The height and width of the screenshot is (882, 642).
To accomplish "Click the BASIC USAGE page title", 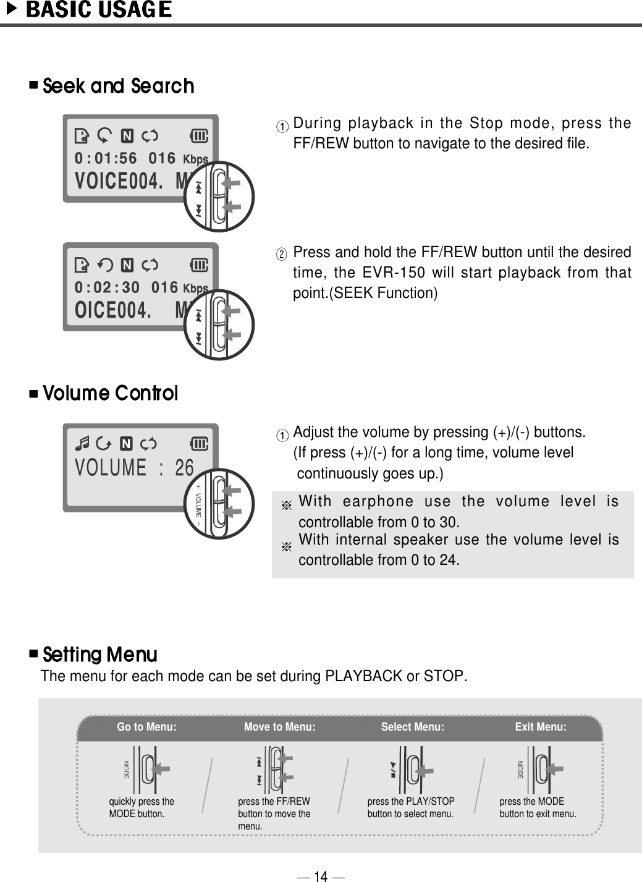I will (x=98, y=11).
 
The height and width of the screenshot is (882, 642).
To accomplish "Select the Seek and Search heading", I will (x=118, y=86).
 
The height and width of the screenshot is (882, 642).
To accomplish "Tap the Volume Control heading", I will (x=110, y=393).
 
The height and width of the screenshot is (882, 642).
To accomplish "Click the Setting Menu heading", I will (x=99, y=654).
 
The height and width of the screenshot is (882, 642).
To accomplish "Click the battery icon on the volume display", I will (x=199, y=443).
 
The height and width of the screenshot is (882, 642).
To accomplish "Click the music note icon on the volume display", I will (x=82, y=443).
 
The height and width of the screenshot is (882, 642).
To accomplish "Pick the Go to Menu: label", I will (x=146, y=727).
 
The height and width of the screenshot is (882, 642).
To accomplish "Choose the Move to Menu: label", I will (x=279, y=727).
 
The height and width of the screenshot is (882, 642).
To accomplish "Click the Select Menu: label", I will (x=412, y=727).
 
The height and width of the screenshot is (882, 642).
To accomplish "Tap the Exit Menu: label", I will (x=541, y=727).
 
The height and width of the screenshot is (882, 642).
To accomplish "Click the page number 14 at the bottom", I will (x=320, y=876).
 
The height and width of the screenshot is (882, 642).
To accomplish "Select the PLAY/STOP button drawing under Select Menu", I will (x=411, y=770).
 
